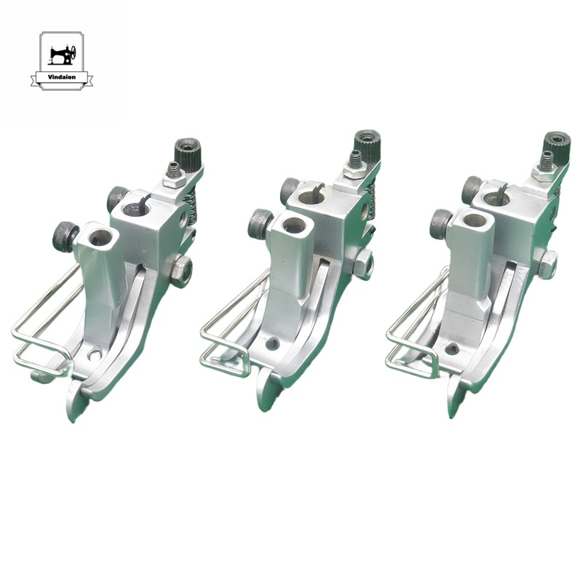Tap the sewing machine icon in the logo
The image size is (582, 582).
click(x=62, y=55)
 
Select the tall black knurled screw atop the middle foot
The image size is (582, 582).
click(x=366, y=144)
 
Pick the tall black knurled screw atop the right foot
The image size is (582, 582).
click(x=557, y=144)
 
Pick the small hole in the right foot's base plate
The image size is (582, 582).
click(x=452, y=349)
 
